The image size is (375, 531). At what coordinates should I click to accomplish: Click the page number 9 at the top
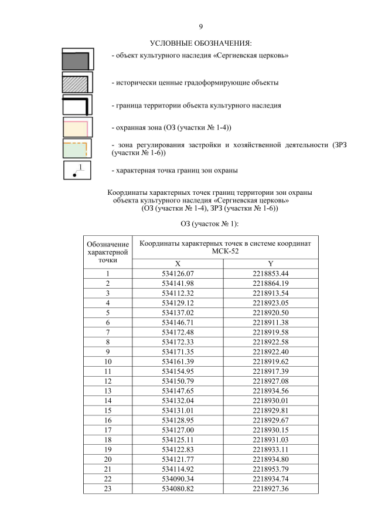click(201, 27)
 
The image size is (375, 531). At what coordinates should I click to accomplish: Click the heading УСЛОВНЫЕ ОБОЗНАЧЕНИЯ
click(201, 43)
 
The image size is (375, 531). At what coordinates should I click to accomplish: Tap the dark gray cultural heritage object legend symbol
click(77, 60)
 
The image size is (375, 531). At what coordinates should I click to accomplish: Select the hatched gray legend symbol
click(77, 83)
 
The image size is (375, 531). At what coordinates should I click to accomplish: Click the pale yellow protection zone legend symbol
click(77, 127)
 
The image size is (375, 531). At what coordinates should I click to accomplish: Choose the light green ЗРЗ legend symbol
click(77, 150)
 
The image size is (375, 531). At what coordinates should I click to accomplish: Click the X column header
click(178, 264)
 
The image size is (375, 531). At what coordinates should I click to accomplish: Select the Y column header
click(271, 264)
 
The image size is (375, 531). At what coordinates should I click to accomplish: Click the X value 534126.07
click(178, 273)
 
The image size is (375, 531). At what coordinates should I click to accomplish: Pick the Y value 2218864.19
click(271, 283)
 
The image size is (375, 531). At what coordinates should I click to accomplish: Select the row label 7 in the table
click(108, 331)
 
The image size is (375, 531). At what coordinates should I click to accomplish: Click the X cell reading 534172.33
click(178, 341)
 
